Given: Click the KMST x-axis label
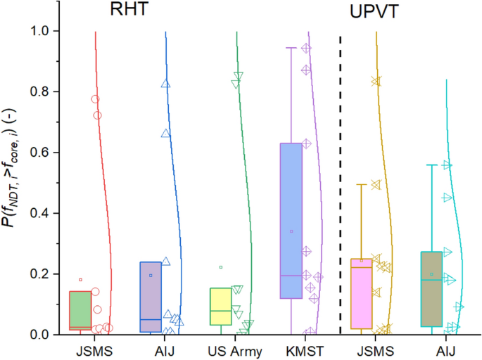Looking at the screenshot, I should [x=291, y=349].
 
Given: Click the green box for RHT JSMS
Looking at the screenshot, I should [x=80, y=309].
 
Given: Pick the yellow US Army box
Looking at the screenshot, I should [x=221, y=306].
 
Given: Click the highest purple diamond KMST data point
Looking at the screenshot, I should [x=306, y=49].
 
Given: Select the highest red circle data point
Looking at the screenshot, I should [x=95, y=99].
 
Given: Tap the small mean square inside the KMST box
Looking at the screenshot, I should [x=291, y=231].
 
